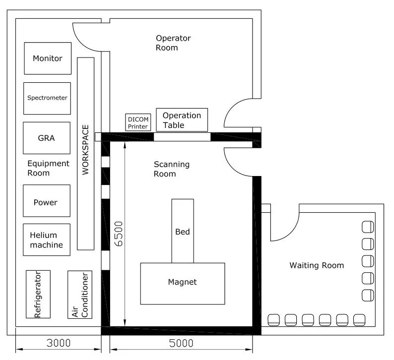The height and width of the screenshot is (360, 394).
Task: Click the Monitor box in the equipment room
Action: [x=48, y=59]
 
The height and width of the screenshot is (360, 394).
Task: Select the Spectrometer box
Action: [x=47, y=98]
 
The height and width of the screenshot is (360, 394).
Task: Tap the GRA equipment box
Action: [x=47, y=138]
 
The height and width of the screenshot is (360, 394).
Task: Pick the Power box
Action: [x=46, y=202]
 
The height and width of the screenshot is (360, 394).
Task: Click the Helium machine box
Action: [x=46, y=240]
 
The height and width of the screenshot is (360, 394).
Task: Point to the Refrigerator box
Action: [x=38, y=294]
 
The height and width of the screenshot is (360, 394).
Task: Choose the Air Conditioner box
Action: [x=80, y=294]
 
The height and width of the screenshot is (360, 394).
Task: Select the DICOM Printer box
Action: [x=138, y=122]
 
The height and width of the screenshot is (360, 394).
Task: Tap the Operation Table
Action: [x=182, y=120]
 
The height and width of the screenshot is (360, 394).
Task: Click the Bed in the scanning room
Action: [x=182, y=231]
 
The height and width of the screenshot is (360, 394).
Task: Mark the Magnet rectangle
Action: [x=182, y=283]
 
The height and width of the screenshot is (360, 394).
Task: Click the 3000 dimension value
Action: [x=58, y=343]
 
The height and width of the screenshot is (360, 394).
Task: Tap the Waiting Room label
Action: [x=316, y=265]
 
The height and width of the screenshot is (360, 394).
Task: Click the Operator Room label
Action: [x=173, y=43]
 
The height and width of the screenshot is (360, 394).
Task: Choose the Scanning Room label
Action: [x=171, y=169]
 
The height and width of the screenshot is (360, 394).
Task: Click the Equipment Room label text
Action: [x=48, y=168]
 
